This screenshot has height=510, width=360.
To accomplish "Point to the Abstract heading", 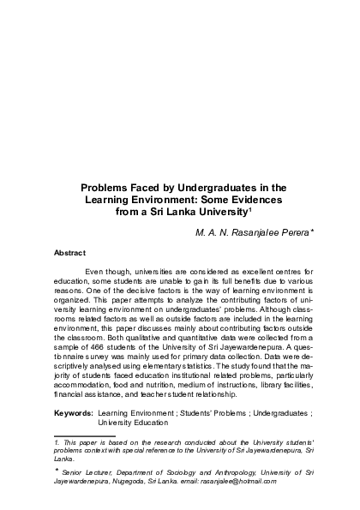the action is [69, 253].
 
